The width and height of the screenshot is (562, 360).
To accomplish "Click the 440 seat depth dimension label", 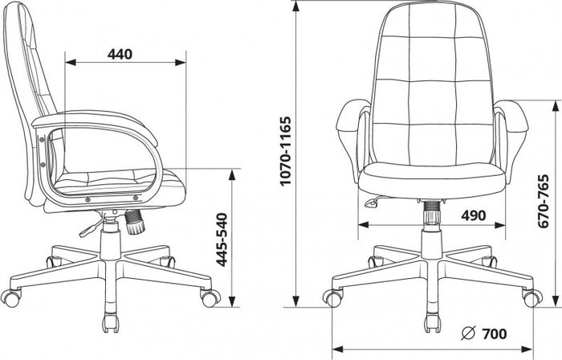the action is (120, 54).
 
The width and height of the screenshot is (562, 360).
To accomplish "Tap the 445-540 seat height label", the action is (223, 239).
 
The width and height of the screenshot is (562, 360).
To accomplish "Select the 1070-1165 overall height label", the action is (286, 150).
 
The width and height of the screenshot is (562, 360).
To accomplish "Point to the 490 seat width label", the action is (474, 215).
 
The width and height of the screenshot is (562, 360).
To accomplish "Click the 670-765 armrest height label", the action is (544, 201).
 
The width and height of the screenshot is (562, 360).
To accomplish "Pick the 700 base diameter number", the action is (495, 333).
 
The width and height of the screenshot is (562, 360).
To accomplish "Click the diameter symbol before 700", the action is (468, 333).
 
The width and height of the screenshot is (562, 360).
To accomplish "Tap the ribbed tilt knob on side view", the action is (134, 223).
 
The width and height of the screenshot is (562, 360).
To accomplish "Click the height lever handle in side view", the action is (89, 228).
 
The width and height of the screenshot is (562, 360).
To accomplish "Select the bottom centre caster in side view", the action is (111, 324).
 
